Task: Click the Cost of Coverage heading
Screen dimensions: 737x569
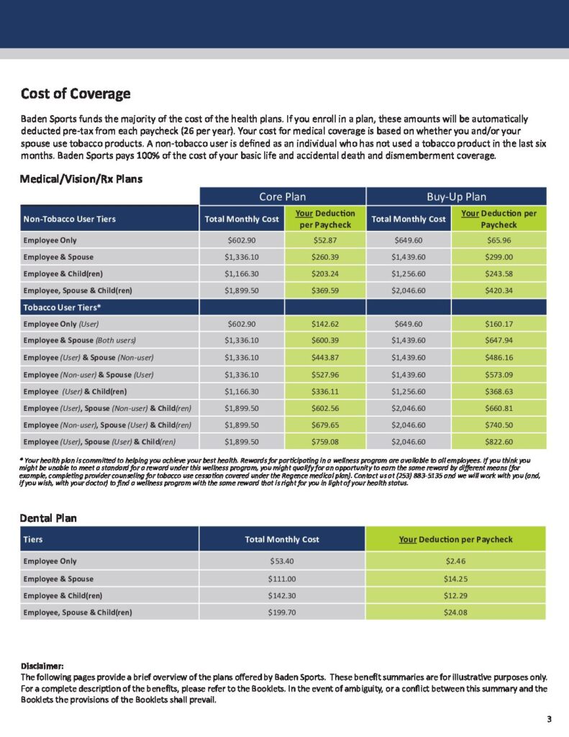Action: coord(76,94)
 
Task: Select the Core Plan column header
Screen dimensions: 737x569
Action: coord(283,196)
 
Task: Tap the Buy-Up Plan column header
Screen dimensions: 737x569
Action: coord(456,196)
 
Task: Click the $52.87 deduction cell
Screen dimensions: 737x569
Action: coord(325,240)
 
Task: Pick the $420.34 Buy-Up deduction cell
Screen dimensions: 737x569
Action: coord(499,291)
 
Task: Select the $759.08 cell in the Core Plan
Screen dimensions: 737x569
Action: coord(325,442)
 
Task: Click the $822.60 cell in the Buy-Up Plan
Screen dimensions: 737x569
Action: coord(499,442)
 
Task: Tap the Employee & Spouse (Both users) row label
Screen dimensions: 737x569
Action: coord(80,340)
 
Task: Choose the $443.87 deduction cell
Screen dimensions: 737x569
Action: coord(325,358)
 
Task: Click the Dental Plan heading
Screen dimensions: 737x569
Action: coord(49,517)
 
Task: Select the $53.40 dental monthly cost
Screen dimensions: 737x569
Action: coord(282,561)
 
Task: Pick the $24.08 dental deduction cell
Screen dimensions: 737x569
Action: coord(455,612)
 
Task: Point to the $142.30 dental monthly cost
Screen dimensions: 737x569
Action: coord(282,595)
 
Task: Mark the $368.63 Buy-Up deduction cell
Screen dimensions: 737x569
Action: coord(499,392)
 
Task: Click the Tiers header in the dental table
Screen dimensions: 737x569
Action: coord(33,539)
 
